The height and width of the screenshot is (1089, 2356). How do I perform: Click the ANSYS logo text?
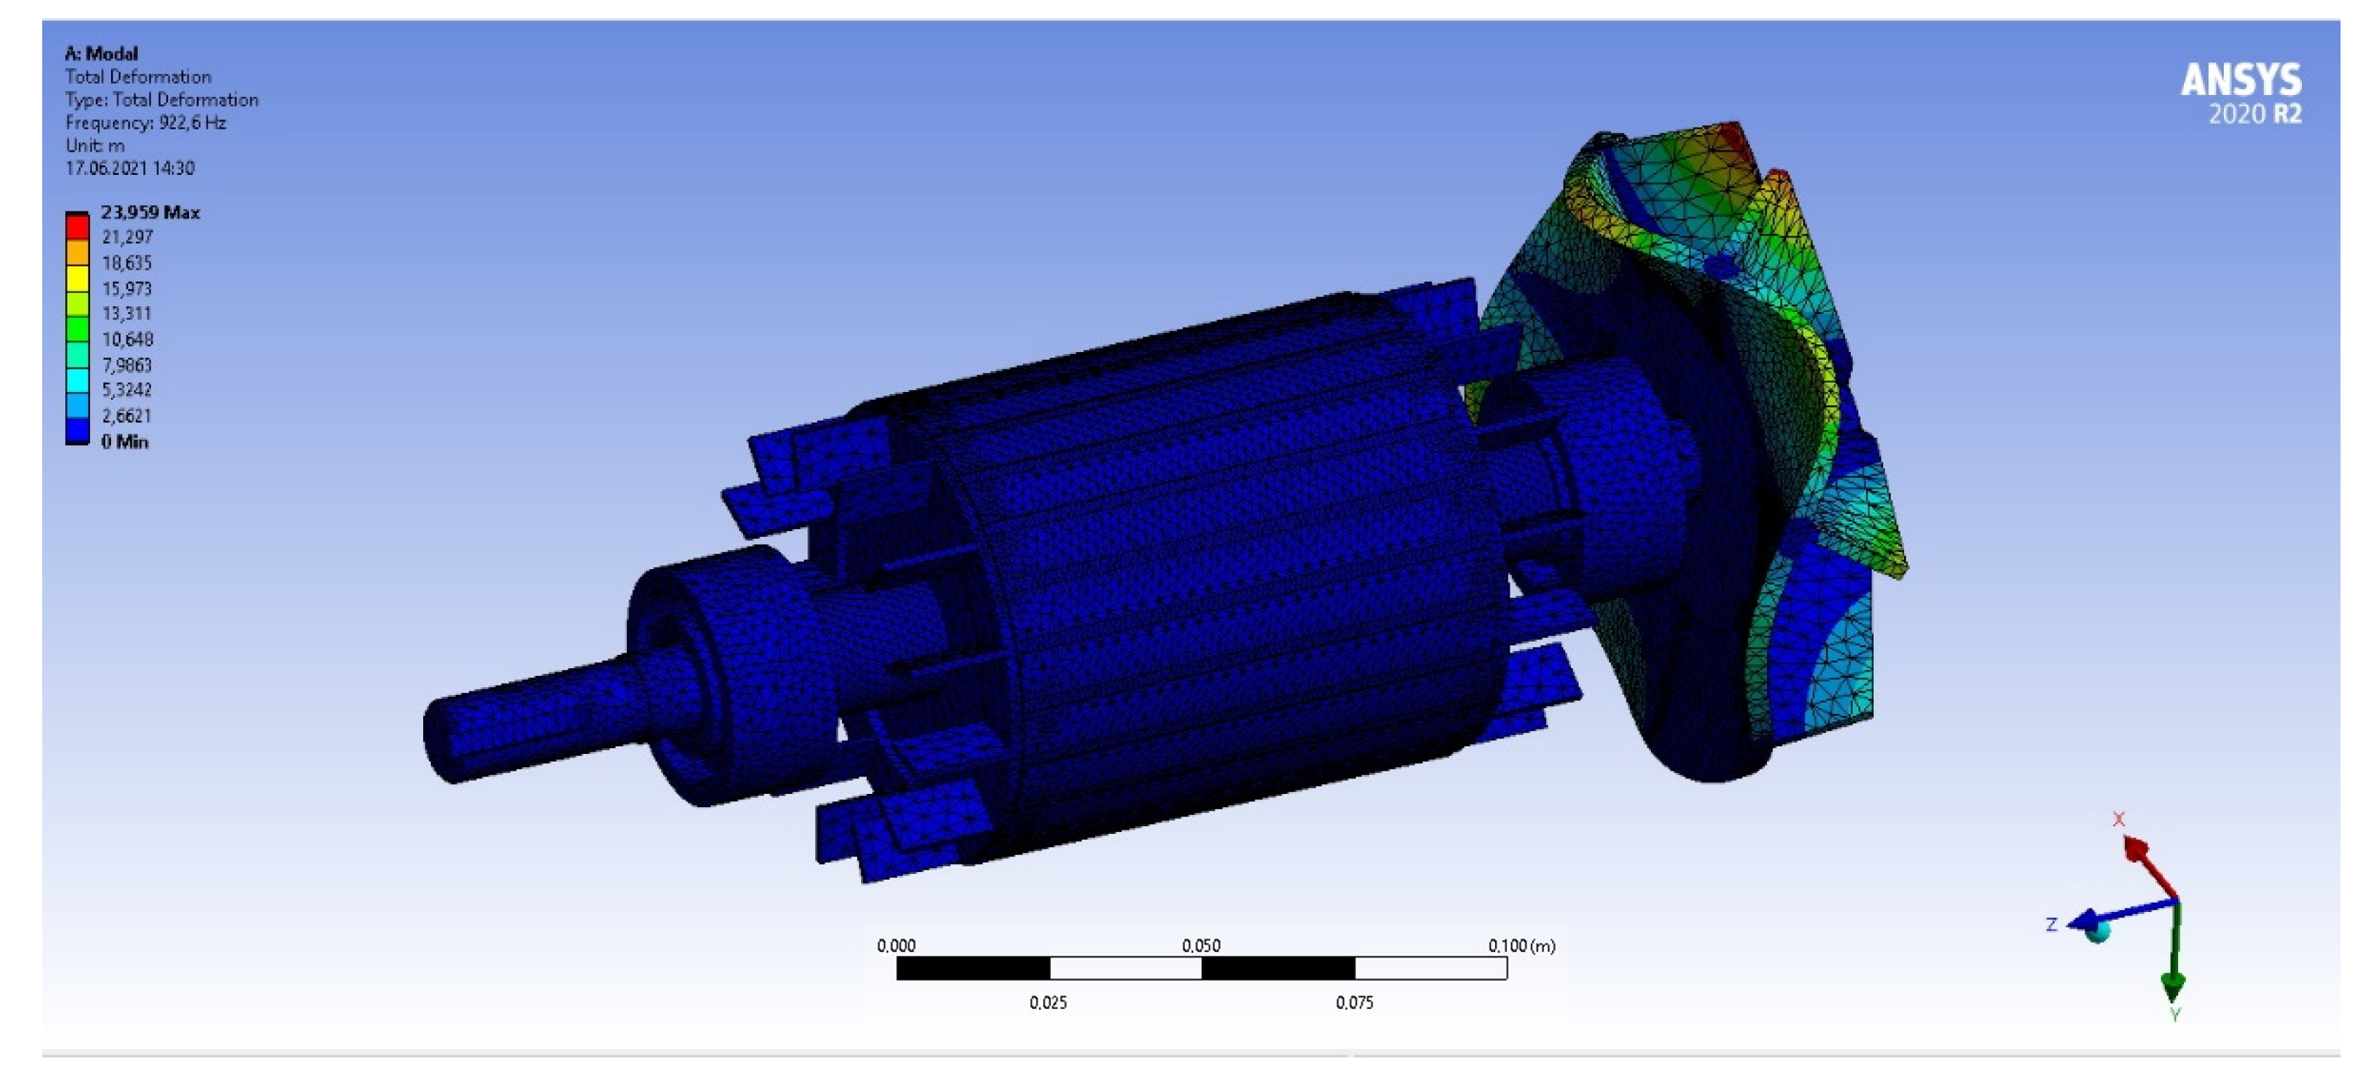2241,81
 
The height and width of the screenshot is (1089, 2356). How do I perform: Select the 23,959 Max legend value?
150,212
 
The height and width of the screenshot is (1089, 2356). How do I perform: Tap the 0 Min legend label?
124,442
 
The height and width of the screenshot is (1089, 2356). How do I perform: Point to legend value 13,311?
127,313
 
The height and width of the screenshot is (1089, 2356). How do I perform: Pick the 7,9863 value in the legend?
127,365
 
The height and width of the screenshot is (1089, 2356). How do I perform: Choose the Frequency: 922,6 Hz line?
145,122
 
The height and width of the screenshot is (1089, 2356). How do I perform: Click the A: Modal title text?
101,53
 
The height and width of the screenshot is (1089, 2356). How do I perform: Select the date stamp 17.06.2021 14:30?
130,168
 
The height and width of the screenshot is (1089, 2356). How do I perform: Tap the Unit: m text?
94,145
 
